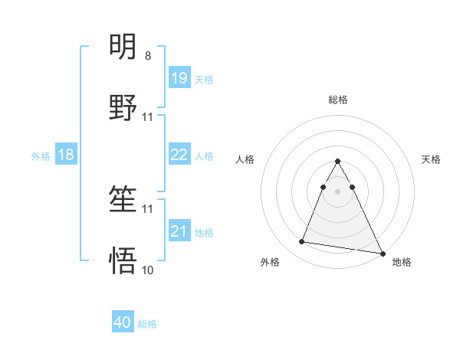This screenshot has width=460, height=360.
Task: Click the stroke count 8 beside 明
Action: point(148,56)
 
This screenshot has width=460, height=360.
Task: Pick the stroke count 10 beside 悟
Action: point(148,270)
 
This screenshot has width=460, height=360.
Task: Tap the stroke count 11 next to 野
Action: point(148,117)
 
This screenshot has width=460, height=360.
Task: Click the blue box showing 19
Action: point(179,78)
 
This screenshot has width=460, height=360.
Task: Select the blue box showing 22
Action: point(179,155)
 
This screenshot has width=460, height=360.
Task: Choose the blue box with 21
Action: point(179,231)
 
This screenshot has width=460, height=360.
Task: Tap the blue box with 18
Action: point(66,155)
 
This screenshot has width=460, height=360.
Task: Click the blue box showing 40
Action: point(123,323)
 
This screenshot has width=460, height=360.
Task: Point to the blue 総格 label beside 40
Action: point(147,324)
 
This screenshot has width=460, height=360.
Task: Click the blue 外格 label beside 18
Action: point(41,155)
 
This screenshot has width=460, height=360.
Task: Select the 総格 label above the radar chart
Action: point(338,100)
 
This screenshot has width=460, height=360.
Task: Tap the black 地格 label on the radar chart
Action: point(402,262)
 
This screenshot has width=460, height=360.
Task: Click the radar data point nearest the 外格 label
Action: point(302,242)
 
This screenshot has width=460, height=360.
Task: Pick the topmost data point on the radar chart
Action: point(338,162)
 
